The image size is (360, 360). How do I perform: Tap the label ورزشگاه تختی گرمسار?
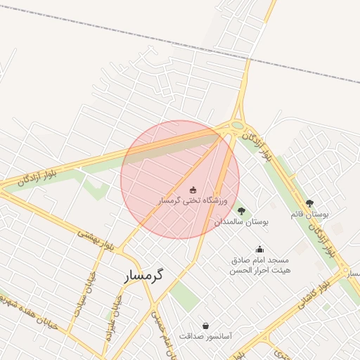coord(193,201)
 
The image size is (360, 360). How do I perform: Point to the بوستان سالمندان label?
coord(242,221)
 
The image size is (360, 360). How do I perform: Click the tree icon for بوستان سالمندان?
coord(242,211)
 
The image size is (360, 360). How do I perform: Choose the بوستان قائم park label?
coord(310,213)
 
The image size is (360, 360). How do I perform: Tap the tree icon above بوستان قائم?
coord(310,202)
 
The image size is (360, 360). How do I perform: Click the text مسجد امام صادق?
coord(259,259)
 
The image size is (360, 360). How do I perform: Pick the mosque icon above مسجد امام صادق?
coord(259,249)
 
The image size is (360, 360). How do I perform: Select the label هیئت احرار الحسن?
coord(259,270)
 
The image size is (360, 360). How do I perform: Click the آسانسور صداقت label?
coord(205,337)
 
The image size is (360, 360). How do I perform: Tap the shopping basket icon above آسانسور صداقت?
coord(205,326)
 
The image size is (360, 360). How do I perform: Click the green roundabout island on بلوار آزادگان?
coord(238,127)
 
